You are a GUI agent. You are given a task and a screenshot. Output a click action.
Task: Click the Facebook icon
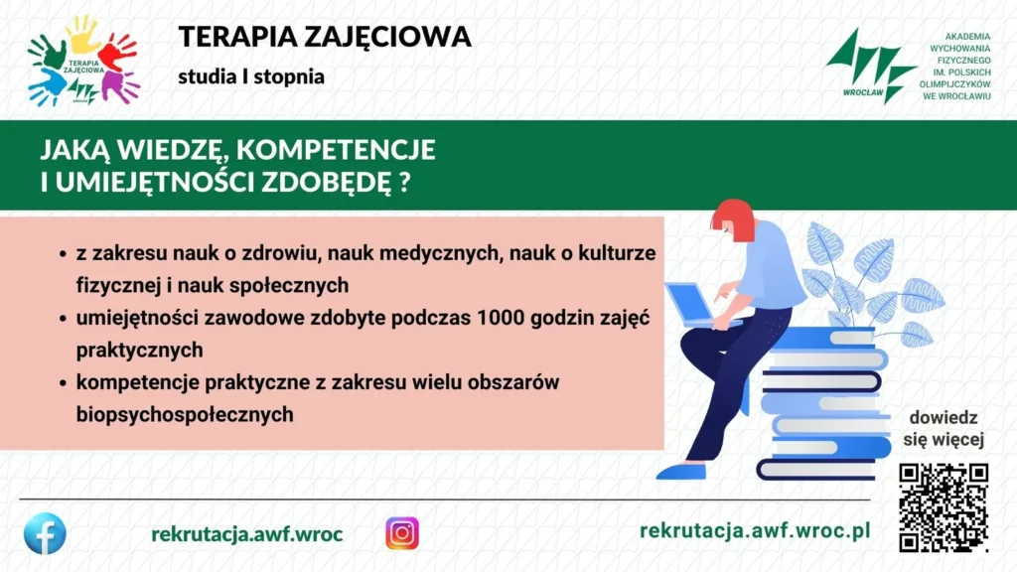[x=45, y=533]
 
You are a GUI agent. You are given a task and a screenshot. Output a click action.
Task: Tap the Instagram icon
[x=402, y=533]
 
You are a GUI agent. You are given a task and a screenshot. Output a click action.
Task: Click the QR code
[x=944, y=507]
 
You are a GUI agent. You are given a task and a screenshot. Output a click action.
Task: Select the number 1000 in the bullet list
[x=500, y=318]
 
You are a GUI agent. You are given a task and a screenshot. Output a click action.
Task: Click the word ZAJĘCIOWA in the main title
[x=387, y=37]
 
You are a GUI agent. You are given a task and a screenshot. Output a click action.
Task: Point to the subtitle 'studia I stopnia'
[x=251, y=76]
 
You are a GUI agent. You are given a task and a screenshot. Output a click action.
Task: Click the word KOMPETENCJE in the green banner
[x=336, y=149]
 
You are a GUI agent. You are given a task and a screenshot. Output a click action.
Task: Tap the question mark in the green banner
[x=405, y=182]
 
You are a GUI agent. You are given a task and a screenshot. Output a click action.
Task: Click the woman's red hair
[x=734, y=217]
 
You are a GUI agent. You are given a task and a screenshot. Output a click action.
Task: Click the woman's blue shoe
[x=681, y=471]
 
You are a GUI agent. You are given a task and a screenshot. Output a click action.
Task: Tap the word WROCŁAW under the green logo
[x=863, y=92]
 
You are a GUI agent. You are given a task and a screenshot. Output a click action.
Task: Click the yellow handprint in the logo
[x=83, y=34]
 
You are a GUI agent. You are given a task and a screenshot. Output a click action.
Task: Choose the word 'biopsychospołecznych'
[x=185, y=414]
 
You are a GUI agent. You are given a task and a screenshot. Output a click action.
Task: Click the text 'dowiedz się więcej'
[x=944, y=429]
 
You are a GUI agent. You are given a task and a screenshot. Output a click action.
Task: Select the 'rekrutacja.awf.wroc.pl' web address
[x=755, y=530]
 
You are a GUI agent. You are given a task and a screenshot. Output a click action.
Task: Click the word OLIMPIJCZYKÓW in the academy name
[x=954, y=84]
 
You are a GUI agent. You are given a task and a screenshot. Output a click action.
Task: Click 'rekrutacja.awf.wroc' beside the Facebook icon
[x=247, y=534]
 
